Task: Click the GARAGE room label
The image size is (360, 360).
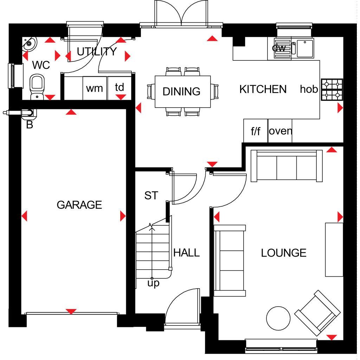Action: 79,205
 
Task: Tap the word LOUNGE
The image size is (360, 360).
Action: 284,253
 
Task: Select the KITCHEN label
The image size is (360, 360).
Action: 263,89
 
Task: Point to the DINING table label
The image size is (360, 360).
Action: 181,91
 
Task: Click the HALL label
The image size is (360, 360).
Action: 186,253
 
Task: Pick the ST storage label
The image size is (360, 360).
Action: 151,195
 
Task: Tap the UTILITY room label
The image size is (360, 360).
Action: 97,51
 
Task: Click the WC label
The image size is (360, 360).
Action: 41,65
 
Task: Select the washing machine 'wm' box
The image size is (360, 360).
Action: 95,88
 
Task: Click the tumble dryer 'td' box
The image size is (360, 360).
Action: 120,88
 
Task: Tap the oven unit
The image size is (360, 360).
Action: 280,131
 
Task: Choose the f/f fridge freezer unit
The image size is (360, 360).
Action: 256,131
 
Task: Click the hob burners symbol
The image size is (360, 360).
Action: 332,90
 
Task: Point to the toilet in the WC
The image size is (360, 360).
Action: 37,87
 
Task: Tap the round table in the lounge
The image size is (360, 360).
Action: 278,318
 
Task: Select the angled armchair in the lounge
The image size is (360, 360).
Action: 317,313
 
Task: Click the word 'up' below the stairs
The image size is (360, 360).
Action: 153,283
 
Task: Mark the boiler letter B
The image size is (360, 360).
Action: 30,125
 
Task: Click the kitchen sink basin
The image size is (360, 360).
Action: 305,49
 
